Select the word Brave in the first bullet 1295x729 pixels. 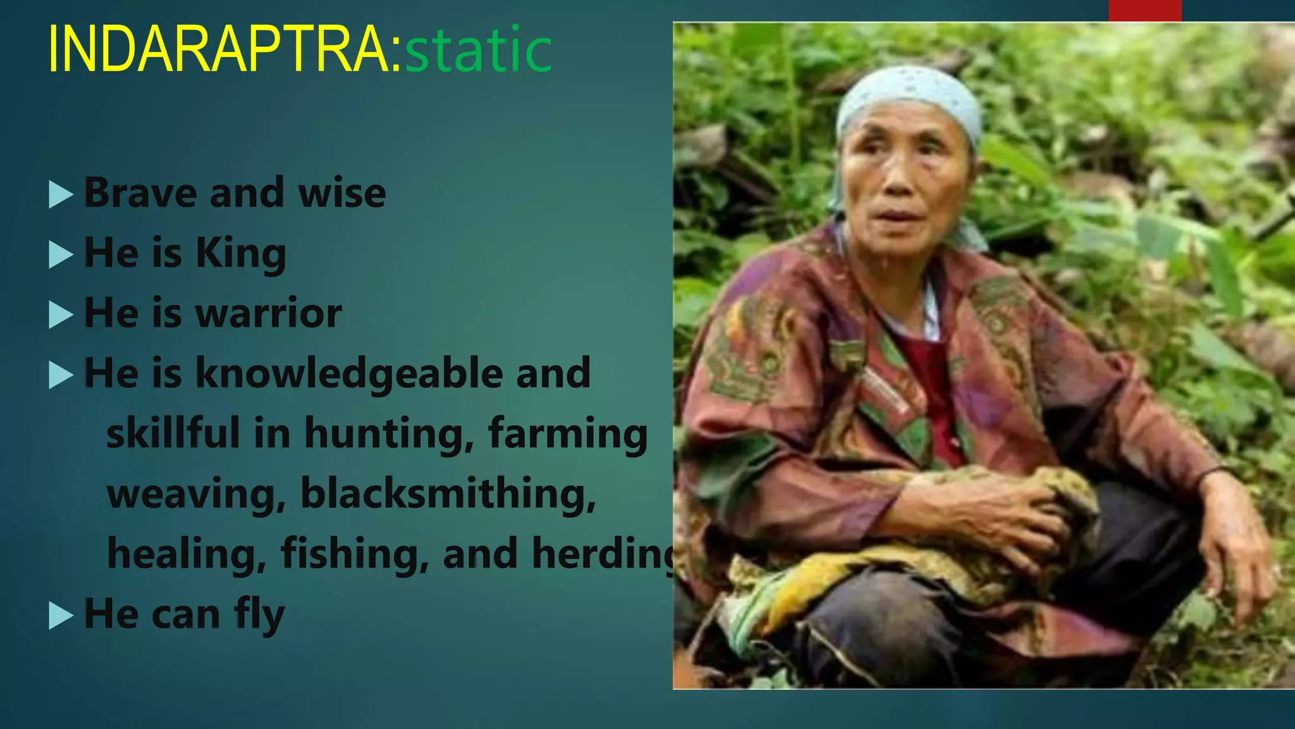140,193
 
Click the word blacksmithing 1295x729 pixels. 448,494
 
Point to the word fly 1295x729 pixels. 259,615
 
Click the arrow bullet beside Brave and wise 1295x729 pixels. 61,195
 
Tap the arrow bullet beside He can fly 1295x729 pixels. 61,616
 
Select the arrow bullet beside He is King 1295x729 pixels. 61,255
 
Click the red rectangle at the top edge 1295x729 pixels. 1145,10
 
